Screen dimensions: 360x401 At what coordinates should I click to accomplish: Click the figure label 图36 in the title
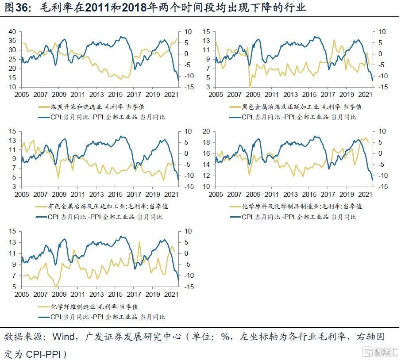pos(15,8)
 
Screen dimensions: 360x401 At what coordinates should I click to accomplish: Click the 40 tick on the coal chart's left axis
pos(12,32)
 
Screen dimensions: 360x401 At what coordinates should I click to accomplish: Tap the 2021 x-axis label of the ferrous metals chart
pos(365,95)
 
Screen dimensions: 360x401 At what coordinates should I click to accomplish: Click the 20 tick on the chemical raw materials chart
pos(206,131)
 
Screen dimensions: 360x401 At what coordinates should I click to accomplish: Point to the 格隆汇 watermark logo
pos(380,352)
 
